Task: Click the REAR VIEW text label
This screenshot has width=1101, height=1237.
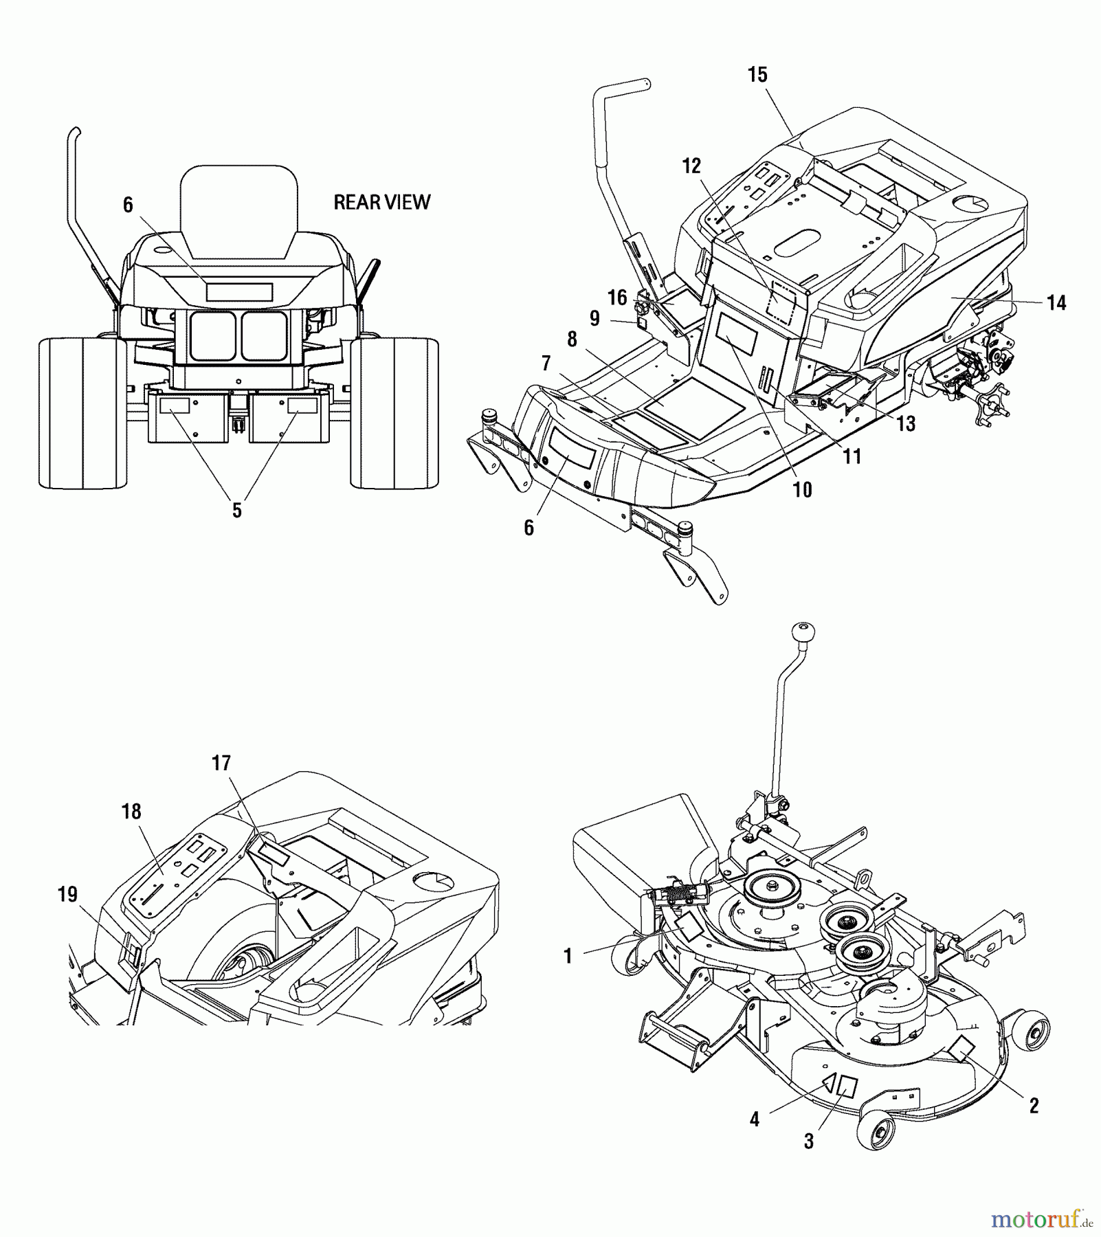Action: coord(381,202)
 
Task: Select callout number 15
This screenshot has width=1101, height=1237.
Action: coord(757,75)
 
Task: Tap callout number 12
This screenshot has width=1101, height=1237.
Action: coord(691,166)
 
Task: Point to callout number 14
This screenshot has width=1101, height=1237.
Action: coord(1056,302)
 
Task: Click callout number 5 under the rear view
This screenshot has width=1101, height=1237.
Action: coord(236,511)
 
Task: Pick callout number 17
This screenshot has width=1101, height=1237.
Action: coord(221,764)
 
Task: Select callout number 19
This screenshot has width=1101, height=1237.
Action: coord(67,895)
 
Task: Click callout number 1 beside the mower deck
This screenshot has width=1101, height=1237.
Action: coord(568,957)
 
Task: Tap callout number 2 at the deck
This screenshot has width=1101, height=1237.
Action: coord(1033,1106)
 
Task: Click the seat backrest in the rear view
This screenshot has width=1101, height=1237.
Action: coord(238,206)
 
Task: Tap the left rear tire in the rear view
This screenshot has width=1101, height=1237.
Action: coord(82,412)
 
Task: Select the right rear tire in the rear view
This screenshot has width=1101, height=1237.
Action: coord(394,412)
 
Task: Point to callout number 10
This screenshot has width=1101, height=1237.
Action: coord(802,490)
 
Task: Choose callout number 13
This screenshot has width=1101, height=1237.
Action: coord(906,424)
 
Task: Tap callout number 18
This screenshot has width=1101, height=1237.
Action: coord(131,812)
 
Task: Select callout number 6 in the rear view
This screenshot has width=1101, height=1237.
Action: coord(128,205)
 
